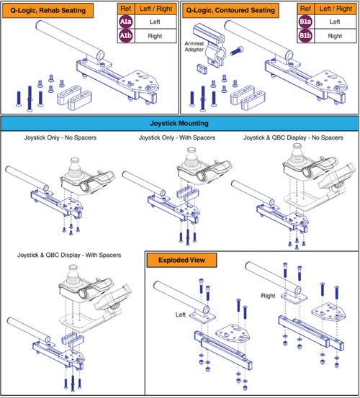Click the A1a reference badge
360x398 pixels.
(126, 22)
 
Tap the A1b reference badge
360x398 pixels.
(126, 35)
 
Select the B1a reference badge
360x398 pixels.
(305, 22)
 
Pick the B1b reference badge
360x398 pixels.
(305, 35)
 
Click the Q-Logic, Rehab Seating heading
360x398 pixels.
(48, 11)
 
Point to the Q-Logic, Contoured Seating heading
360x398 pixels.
(230, 11)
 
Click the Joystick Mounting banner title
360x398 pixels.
(179, 123)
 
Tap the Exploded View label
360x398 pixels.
(181, 260)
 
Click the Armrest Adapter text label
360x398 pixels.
(194, 47)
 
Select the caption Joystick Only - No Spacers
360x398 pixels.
(60, 137)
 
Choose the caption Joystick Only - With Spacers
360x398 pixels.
(177, 137)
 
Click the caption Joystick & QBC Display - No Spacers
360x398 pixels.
(293, 137)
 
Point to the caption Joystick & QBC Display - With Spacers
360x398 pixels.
(69, 255)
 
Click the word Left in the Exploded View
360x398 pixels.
(181, 315)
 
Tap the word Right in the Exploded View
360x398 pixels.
(268, 296)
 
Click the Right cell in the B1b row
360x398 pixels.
(335, 36)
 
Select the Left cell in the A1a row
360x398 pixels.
(155, 22)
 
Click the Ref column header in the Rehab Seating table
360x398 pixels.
(126, 9)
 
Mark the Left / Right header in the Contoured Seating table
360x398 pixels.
(336, 9)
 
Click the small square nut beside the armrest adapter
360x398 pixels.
(202, 68)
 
